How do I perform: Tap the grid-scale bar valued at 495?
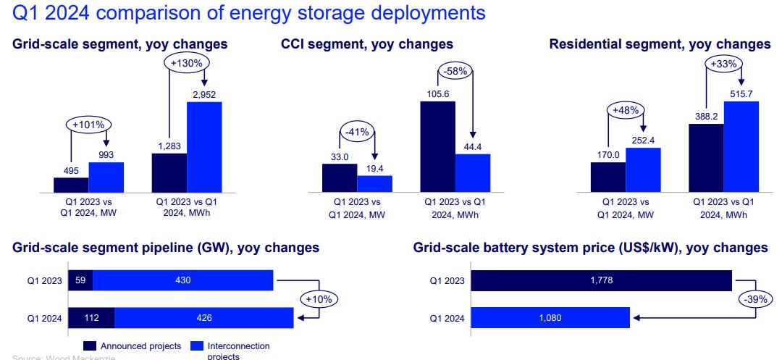(71, 185)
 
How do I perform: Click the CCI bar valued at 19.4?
(374, 184)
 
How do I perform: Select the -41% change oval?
(358, 133)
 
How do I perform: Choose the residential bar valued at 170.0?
(608, 177)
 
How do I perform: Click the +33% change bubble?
(723, 64)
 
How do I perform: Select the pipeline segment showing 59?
(80, 280)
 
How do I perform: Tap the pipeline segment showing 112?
(91, 317)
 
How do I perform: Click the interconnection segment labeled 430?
(182, 280)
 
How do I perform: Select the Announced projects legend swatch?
(91, 346)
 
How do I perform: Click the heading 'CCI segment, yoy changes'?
(367, 44)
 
